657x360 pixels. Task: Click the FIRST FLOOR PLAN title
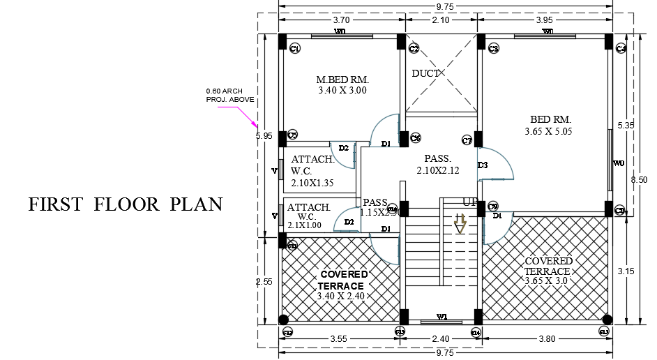point(126,204)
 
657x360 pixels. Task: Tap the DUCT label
point(425,73)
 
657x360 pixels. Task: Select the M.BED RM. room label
point(342,80)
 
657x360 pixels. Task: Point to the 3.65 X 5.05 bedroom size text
point(548,130)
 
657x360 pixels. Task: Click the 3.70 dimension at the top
point(340,20)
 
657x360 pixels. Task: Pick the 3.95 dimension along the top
point(544,20)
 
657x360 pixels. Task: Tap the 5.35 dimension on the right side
point(626,126)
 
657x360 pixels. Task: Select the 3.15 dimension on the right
point(626,271)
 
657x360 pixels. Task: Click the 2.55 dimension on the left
point(264,282)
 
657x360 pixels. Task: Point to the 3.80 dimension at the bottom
point(547,340)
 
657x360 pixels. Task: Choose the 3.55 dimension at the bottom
point(340,340)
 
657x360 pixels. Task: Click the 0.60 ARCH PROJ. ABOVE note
point(229,96)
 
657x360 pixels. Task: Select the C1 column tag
point(295,48)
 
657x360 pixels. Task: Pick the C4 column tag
point(621,48)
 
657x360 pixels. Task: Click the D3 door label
point(483,165)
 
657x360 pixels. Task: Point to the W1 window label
point(441,317)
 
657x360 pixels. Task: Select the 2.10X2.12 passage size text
point(438,170)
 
